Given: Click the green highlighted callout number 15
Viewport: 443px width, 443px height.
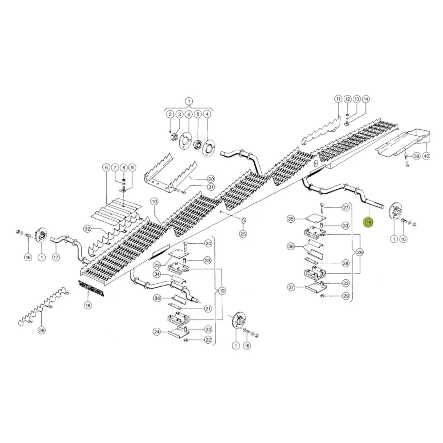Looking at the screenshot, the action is coord(369,223).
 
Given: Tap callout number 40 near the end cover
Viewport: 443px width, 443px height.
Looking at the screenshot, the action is coord(426,156).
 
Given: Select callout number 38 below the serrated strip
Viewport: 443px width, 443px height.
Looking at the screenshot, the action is coord(41,330).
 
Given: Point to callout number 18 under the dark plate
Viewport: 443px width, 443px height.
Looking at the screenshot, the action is coord(88,306).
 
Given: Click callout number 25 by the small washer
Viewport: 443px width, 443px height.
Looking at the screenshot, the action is coord(243,234).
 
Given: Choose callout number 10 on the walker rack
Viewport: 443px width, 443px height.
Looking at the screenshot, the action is coord(154,201).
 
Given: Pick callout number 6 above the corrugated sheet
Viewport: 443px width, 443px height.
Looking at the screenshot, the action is coord(106,167).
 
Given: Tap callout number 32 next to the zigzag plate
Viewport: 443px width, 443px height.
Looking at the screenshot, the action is coord(87,229).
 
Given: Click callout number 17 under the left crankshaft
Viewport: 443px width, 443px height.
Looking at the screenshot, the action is coord(56,257).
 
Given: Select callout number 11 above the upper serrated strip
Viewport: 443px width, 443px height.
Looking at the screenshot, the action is coord(338,99).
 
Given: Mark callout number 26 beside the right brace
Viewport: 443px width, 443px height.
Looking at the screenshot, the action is coord(360,252).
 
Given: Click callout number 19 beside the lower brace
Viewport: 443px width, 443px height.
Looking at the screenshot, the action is coord(222,291).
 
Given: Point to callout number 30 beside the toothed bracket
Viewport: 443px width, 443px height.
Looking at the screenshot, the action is coord(211,179).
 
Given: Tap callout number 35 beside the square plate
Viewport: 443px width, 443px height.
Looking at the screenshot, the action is coord(291,219).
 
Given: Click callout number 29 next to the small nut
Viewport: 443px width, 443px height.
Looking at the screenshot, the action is coord(346,296).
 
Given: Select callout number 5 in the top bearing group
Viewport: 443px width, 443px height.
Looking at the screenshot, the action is coord(198,114).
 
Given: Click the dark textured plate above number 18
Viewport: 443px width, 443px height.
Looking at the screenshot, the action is coord(91,288).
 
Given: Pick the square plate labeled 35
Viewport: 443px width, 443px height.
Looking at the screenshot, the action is coord(315,219).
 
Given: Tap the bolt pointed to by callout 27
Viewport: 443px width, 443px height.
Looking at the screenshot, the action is coord(322,208).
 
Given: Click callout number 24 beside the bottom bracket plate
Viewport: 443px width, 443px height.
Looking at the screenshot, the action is coord(157,332).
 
